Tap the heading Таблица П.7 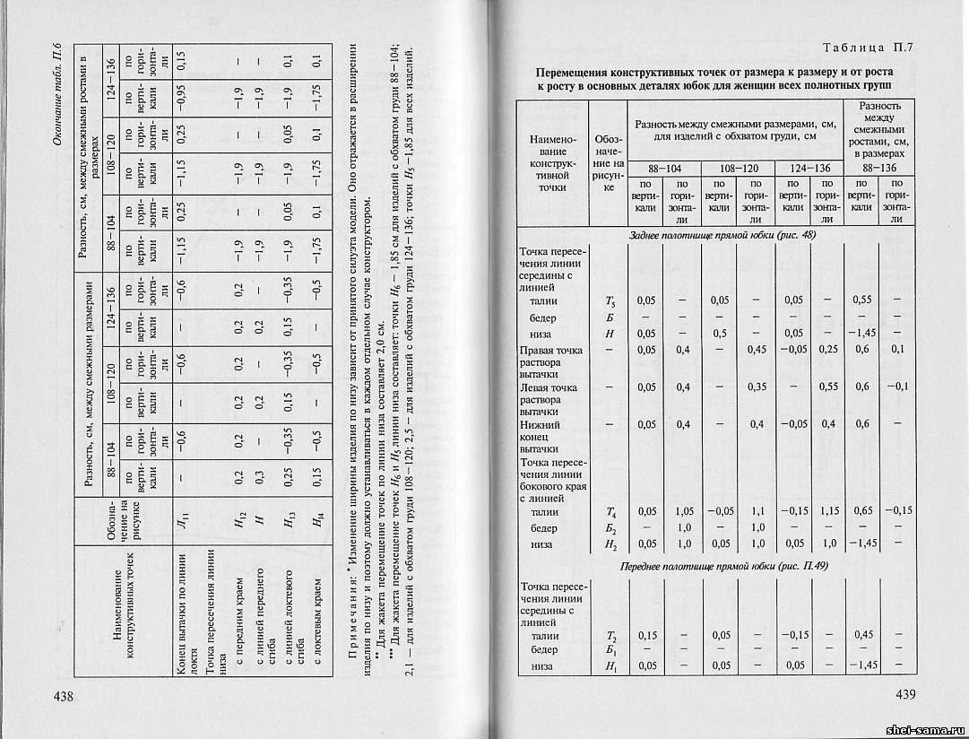[x=867, y=47]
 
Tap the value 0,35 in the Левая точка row [x=755, y=387]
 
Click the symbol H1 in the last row [x=609, y=666]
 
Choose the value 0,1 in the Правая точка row [x=897, y=349]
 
